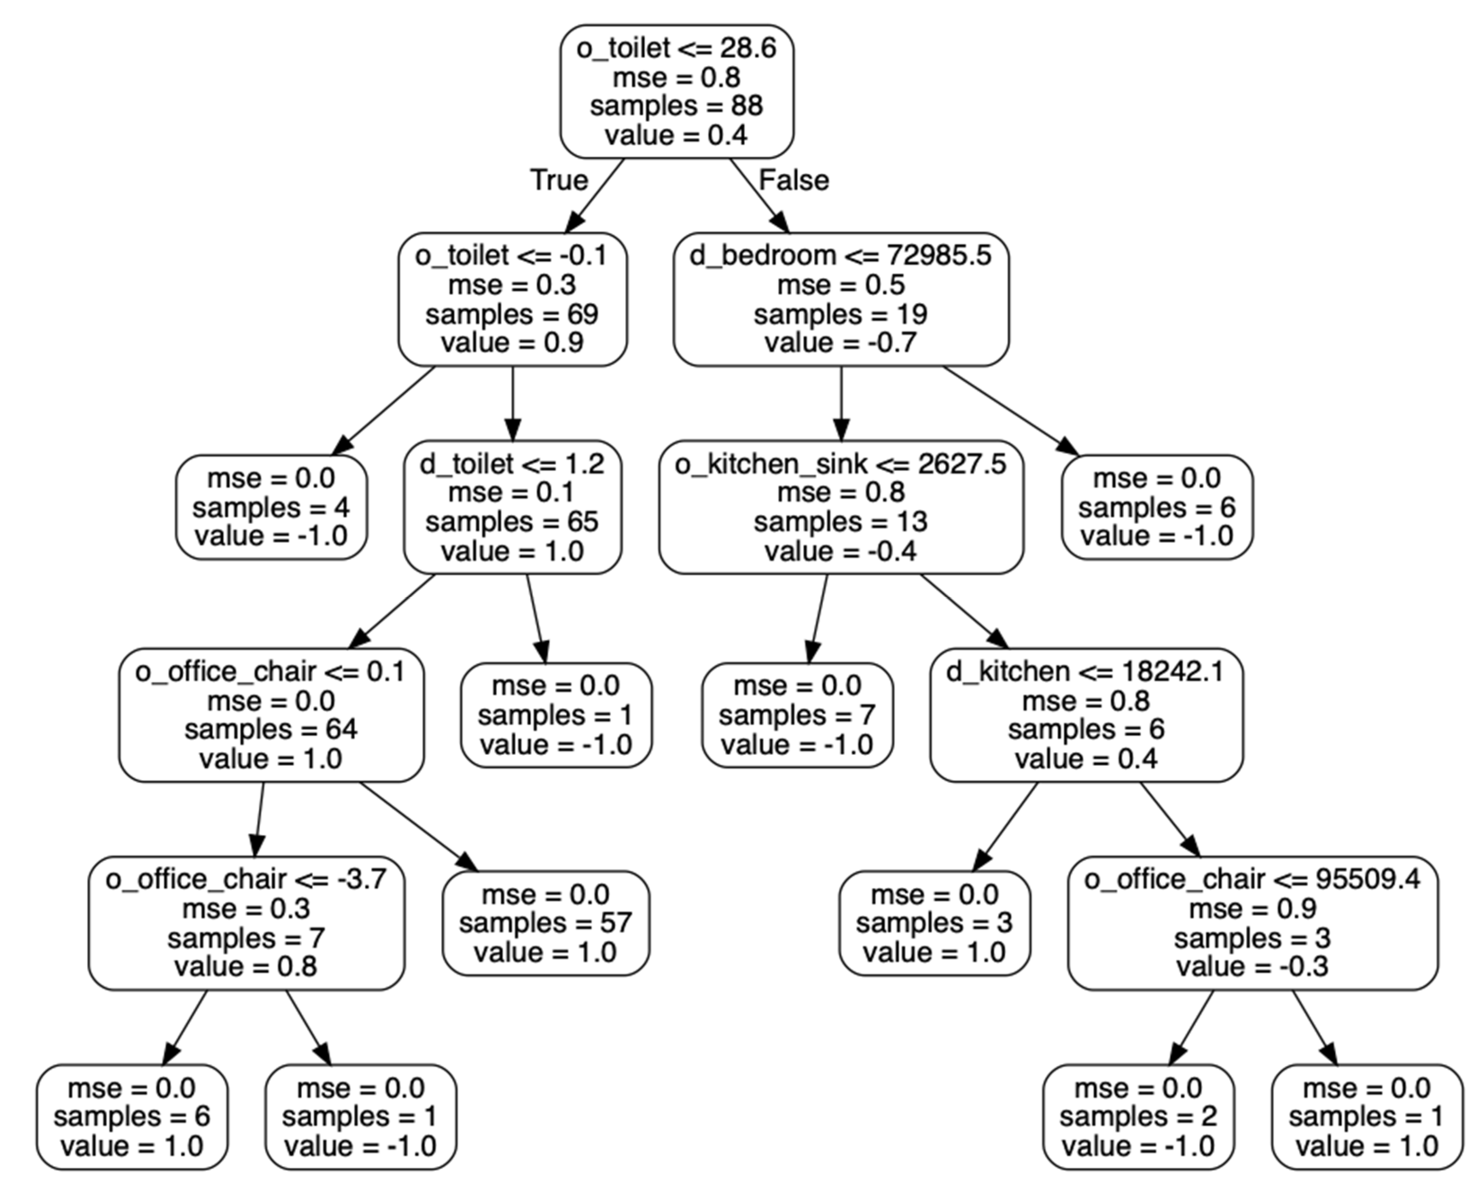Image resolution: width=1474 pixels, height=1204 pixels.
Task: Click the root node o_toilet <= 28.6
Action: click(676, 92)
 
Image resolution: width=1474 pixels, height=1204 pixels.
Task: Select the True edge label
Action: click(559, 181)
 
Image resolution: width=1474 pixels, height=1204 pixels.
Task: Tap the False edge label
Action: click(794, 181)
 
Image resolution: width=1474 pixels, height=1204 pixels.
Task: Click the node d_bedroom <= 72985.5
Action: click(841, 299)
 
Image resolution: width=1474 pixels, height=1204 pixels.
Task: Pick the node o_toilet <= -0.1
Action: click(512, 299)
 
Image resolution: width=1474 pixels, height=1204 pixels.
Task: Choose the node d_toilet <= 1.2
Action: click(512, 507)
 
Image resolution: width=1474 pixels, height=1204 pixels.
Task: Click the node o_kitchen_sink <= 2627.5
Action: click(841, 507)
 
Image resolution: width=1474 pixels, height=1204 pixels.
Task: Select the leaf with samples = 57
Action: click(545, 923)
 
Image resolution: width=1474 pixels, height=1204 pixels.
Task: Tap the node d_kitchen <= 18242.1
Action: click(1086, 715)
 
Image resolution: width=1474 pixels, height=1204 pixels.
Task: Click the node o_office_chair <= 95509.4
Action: click(1252, 923)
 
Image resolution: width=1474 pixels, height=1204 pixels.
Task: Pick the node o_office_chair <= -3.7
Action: click(246, 923)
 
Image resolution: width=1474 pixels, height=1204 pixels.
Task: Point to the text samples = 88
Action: click(676, 106)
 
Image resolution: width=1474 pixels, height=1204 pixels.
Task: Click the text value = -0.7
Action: click(841, 343)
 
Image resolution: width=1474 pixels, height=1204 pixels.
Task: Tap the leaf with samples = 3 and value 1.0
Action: click(934, 923)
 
